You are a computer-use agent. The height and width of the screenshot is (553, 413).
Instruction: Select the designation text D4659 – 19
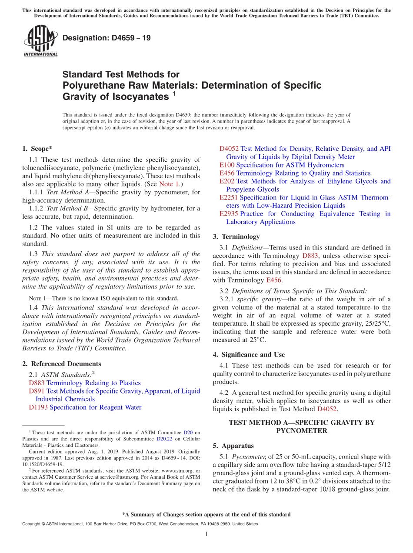107,38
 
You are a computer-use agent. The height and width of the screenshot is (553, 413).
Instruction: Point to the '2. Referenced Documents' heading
61,364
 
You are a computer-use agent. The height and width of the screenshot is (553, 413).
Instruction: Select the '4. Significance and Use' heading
249,355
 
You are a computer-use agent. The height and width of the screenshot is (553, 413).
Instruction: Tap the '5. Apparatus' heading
233,446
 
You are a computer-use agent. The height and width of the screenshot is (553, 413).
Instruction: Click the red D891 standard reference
37,391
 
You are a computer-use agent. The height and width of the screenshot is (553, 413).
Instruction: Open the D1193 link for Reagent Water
38,407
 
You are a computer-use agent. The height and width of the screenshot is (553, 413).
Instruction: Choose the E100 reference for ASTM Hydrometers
226,165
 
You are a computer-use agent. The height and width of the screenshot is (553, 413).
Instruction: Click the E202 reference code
226,181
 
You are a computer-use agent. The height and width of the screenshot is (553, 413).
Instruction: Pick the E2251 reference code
228,197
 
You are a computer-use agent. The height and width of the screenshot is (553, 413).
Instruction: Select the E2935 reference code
228,214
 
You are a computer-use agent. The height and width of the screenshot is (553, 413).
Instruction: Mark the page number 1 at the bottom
206,534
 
